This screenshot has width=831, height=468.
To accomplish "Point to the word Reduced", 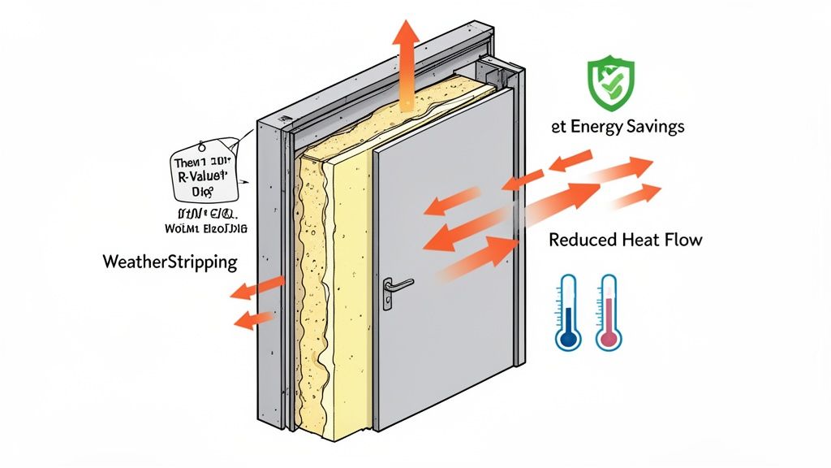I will (x=582, y=240).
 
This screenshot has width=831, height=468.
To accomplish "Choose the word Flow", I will (x=683, y=240).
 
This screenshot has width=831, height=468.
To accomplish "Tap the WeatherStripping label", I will (x=170, y=262).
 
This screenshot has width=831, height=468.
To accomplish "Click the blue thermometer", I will (x=568, y=313).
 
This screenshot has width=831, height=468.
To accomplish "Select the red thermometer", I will (x=608, y=313).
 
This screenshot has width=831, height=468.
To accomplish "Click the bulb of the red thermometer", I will (x=608, y=337).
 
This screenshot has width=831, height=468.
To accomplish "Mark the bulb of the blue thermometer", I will (x=568, y=337).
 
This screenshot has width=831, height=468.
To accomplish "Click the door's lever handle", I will (x=398, y=284).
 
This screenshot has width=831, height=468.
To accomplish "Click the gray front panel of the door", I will (x=446, y=325).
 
